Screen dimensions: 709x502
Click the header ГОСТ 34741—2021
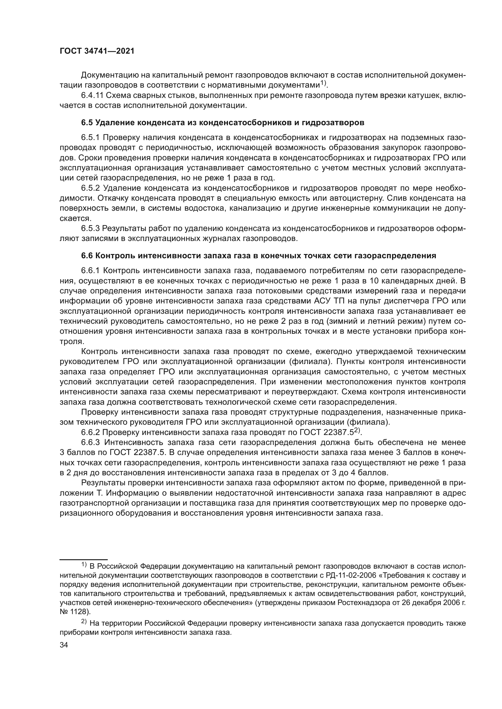(97, 51)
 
